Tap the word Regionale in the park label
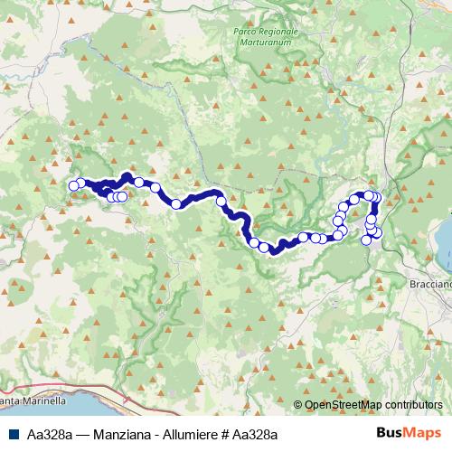point(278,32)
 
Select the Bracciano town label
point(433,282)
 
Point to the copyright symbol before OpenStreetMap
point(299,405)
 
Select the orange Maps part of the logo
point(420,434)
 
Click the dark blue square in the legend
point(10,435)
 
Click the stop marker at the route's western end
point(74,186)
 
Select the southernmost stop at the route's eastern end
point(367,240)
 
